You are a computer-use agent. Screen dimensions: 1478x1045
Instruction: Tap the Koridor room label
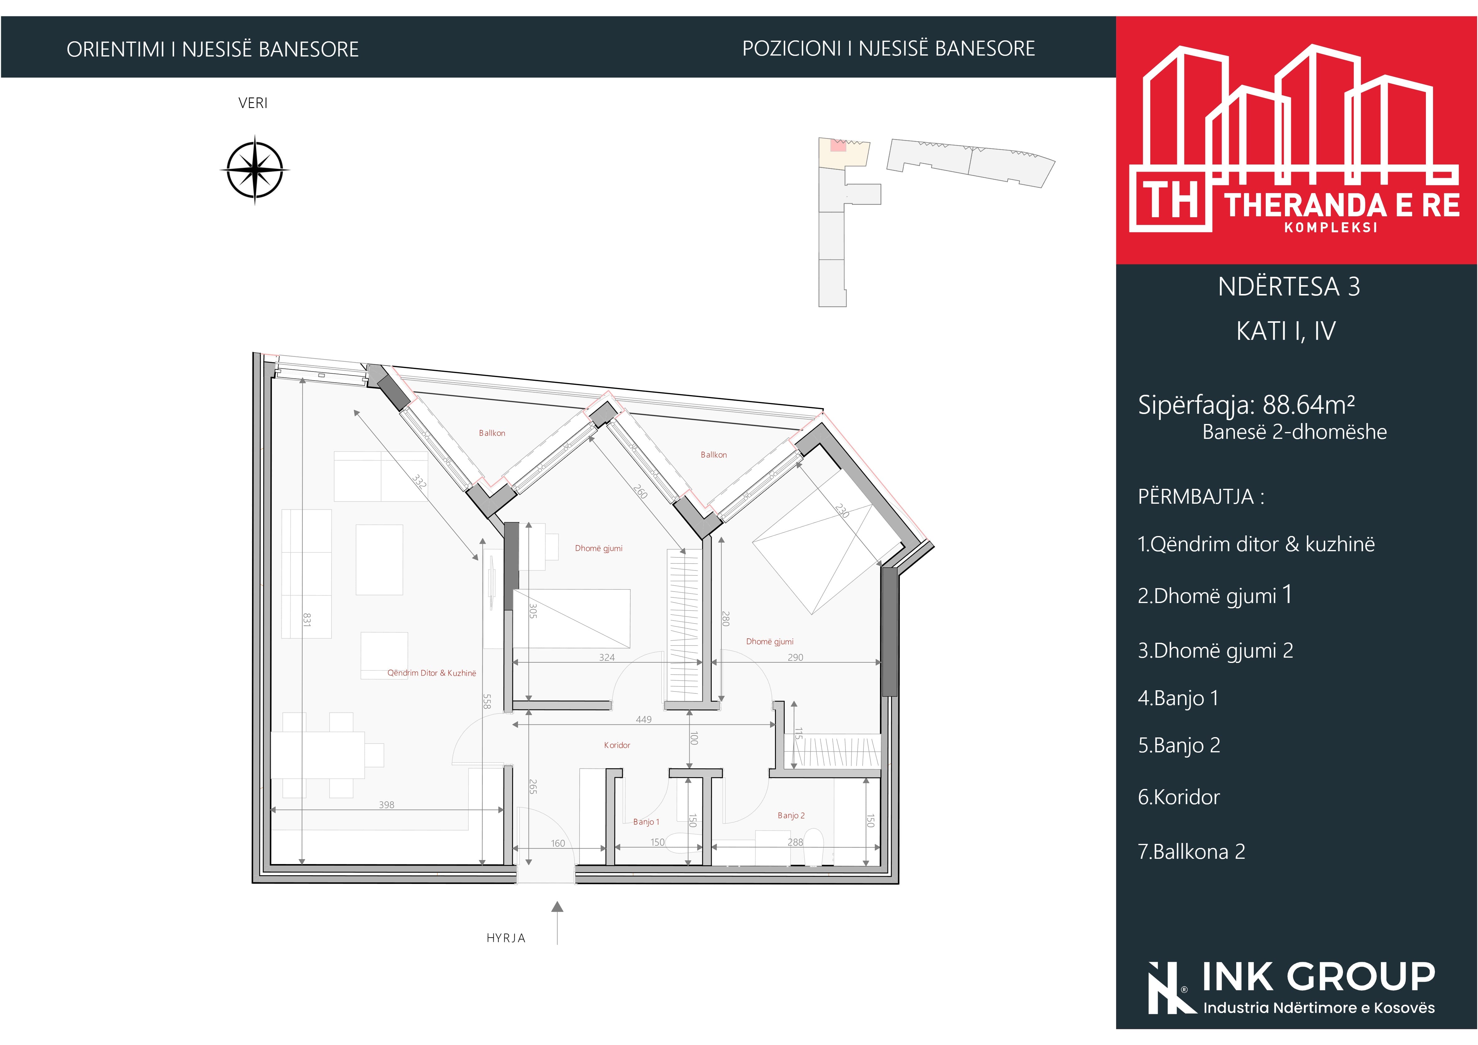coord(617,745)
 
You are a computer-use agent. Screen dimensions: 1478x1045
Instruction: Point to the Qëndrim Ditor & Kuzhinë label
coord(431,673)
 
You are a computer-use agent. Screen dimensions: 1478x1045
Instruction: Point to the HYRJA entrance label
coord(506,938)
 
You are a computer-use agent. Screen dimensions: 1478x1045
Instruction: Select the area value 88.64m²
coord(1309,404)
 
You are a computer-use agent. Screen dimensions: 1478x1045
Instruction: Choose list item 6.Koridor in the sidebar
coord(1179,797)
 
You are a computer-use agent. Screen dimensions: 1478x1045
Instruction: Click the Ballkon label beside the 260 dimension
coord(713,455)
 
